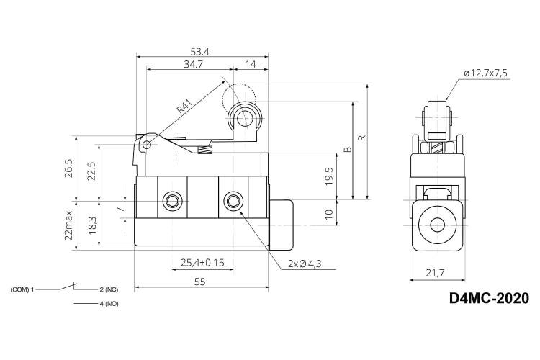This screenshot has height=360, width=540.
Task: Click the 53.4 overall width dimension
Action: [x=199, y=52]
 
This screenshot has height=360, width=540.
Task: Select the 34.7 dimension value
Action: [x=193, y=64]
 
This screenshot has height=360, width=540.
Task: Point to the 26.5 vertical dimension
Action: [x=68, y=168]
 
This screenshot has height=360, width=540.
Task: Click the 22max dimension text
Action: [x=68, y=225]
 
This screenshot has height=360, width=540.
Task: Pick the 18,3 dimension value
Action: [x=92, y=225]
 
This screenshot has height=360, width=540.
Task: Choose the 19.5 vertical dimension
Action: [x=329, y=176]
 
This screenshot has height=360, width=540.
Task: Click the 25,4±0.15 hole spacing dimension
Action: [x=202, y=263]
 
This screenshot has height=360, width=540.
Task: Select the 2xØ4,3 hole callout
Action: [x=305, y=264]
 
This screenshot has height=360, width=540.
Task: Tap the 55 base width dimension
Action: [x=199, y=282]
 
